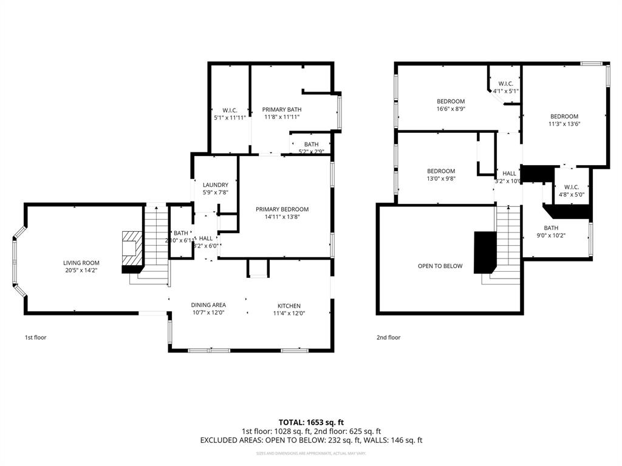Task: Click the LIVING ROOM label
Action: [x=81, y=263]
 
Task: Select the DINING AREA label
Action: [x=208, y=305]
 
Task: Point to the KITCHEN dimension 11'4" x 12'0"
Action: [x=289, y=314]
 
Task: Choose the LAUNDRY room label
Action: [x=215, y=185]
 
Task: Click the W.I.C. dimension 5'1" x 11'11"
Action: [x=230, y=118]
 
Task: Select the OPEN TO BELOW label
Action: [x=440, y=266]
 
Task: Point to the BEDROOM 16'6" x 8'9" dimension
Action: [x=451, y=109]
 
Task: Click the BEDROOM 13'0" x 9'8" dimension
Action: [x=440, y=179]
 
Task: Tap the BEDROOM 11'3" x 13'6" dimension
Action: [x=564, y=124]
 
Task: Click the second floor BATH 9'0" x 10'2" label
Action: [x=551, y=228]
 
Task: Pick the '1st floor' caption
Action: [x=35, y=337]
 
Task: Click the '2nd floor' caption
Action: [x=388, y=337]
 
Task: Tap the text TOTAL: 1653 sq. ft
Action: [x=311, y=422]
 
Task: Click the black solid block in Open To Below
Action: [x=485, y=252]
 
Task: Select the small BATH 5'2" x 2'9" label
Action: [x=311, y=144]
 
